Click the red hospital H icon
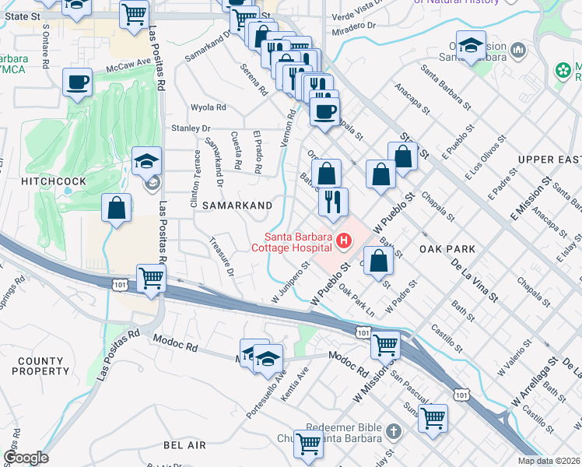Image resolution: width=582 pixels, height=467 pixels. pos(343,246)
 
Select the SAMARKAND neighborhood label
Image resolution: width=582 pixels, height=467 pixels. pos(237,205)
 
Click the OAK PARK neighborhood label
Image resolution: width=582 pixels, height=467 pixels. pos(446,248)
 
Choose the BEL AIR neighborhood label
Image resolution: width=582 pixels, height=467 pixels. pos(184,444)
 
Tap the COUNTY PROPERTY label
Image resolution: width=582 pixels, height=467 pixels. pos(40,367)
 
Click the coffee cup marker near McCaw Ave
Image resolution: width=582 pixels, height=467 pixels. pos(77,83)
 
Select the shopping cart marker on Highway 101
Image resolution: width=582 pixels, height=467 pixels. pos(152,277)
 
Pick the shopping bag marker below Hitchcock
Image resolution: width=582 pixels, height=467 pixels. pos(117,208)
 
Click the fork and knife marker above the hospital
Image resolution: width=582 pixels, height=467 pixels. pos(333,202)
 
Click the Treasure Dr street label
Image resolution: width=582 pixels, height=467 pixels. pos(222,256)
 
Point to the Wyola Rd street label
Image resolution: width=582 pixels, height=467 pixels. pos(209,107)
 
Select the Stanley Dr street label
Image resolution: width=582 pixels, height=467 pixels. pos(191,128)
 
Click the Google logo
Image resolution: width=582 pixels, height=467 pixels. pos(26,458)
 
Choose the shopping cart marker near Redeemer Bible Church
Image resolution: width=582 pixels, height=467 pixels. pos(309,443)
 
